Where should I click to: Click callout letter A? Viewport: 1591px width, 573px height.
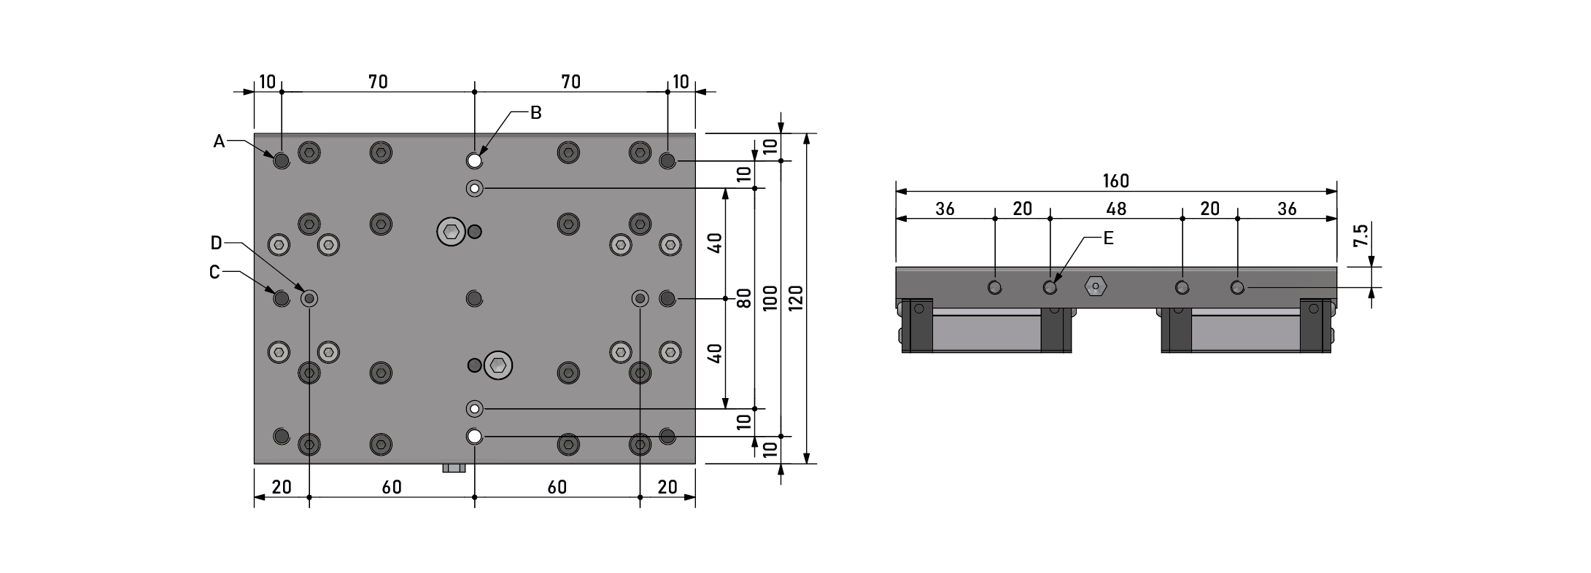219,141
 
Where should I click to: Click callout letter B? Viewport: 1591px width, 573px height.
535,113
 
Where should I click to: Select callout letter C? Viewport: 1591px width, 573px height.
214,272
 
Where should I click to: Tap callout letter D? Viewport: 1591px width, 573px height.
216,242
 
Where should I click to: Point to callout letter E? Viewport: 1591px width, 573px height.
1108,238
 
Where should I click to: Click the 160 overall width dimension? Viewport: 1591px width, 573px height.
1116,181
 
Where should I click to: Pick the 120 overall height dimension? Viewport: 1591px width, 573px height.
796,298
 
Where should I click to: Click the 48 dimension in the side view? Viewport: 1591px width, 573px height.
1116,208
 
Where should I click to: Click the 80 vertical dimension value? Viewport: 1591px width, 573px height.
743,298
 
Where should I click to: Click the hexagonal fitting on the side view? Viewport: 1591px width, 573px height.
1094,286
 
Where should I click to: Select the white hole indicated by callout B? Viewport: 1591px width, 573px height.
475,160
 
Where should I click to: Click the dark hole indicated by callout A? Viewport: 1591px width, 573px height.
282,160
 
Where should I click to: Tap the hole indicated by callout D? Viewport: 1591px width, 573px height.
309,298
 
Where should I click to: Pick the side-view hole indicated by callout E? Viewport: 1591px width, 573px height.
1050,287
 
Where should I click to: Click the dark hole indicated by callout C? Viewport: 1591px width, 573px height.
282,298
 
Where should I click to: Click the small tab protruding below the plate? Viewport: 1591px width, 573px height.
454,468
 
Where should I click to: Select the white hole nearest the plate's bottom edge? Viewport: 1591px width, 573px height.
475,436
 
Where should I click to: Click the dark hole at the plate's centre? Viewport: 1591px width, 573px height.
475,298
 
